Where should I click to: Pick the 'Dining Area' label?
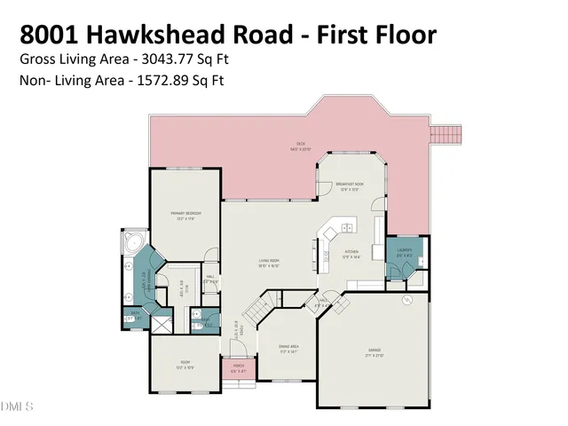287,346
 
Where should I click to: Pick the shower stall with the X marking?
161,325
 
